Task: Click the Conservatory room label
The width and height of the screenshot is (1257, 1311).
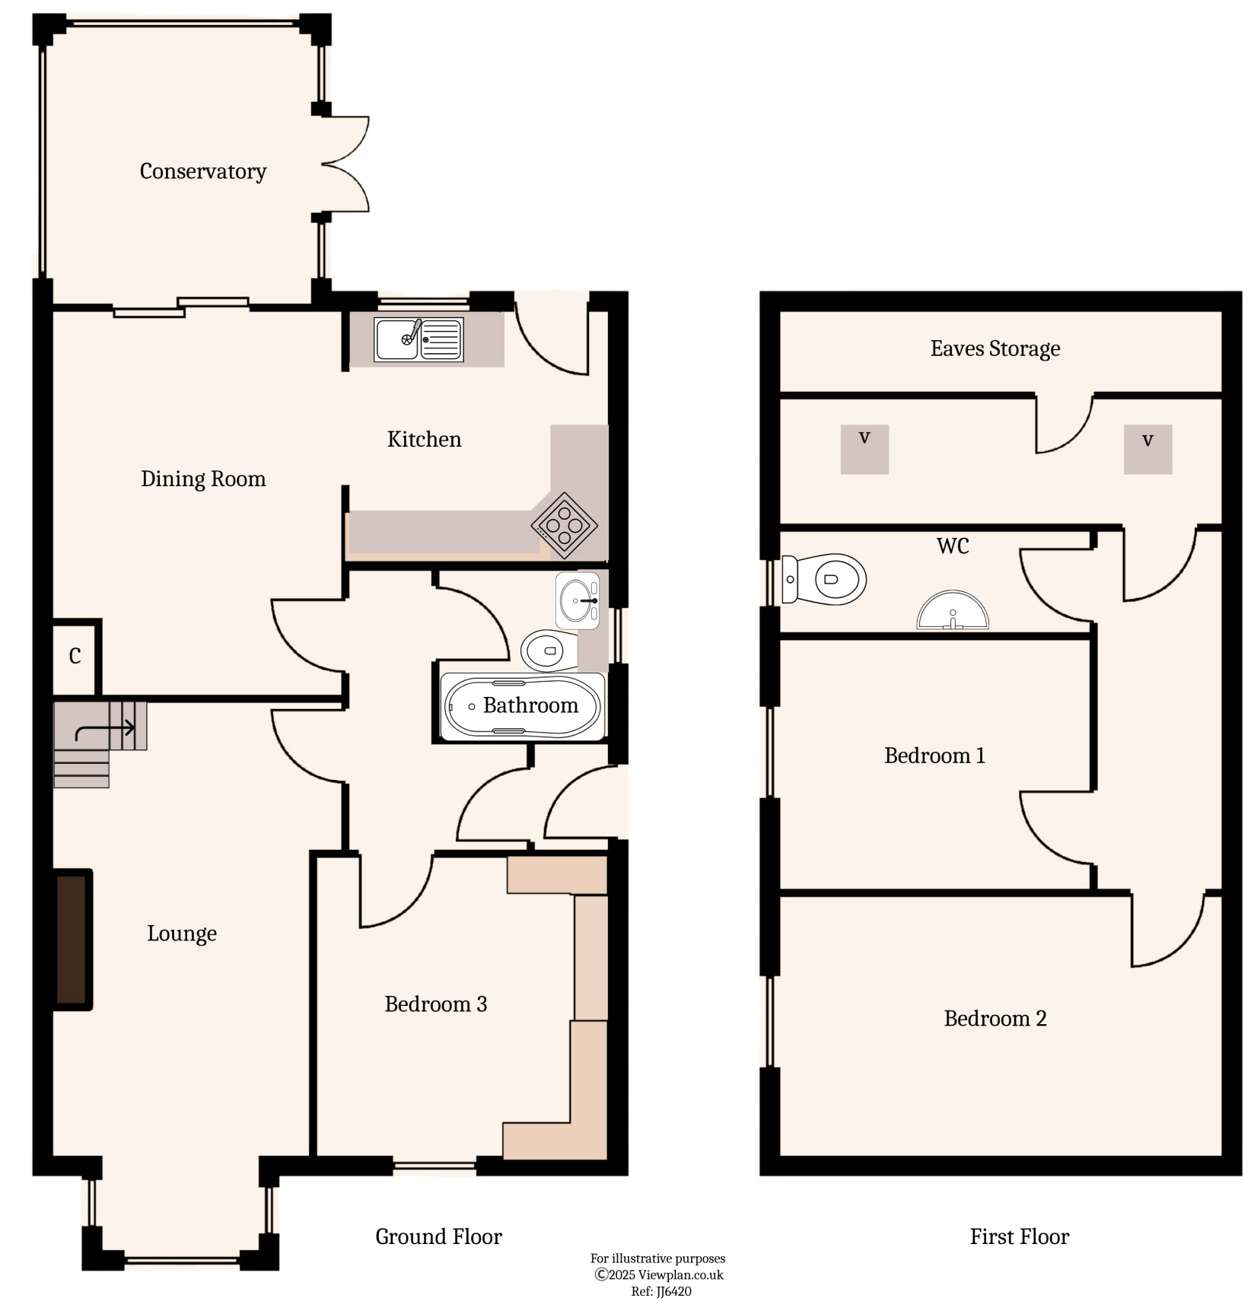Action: click(x=203, y=171)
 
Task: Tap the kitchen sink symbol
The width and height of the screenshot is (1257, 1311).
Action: click(x=418, y=339)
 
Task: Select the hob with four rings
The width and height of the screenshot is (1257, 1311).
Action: click(x=564, y=525)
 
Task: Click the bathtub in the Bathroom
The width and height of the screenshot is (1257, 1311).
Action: click(x=523, y=707)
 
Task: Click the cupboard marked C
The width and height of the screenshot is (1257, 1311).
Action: click(x=75, y=656)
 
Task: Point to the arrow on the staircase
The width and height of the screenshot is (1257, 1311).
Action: click(x=105, y=730)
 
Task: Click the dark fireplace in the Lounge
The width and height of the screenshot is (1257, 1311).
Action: click(x=73, y=940)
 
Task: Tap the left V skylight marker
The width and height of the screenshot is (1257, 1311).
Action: click(x=864, y=450)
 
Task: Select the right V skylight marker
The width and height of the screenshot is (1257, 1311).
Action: click(x=1147, y=450)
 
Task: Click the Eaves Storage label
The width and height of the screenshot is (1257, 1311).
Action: click(x=995, y=348)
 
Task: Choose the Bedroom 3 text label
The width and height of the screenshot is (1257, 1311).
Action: click(x=435, y=1004)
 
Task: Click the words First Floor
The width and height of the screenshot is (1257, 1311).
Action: click(x=1019, y=1236)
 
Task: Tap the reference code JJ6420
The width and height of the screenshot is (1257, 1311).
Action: click(x=661, y=1291)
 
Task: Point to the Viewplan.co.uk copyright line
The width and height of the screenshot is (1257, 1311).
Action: click(x=658, y=1274)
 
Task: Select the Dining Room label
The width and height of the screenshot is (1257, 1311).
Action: click(x=203, y=479)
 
